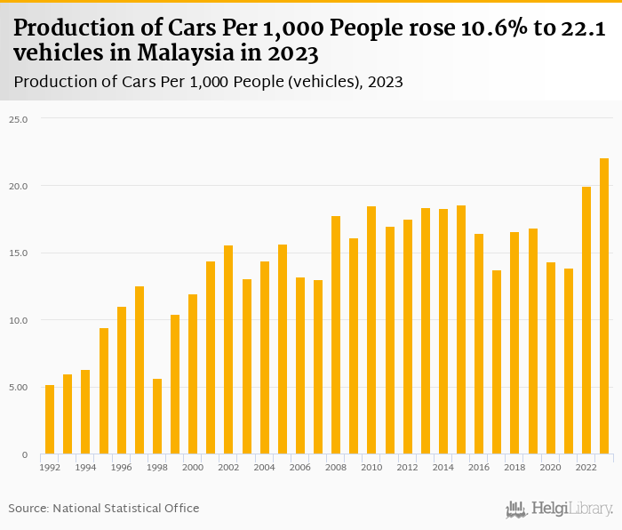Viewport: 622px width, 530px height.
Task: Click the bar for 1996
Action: tap(122, 381)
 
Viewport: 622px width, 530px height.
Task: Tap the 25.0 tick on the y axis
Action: tap(20, 118)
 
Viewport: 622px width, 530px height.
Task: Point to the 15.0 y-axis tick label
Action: tap(20, 253)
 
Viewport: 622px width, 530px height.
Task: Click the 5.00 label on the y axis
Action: tap(20, 387)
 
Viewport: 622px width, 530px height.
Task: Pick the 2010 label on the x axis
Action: tap(371, 467)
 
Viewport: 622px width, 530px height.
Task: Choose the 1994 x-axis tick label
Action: tap(85, 467)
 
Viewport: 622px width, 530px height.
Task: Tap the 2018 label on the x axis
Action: tap(514, 467)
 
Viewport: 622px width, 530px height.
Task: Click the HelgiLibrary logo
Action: tap(559, 509)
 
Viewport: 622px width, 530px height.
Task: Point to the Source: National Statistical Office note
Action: tap(104, 508)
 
